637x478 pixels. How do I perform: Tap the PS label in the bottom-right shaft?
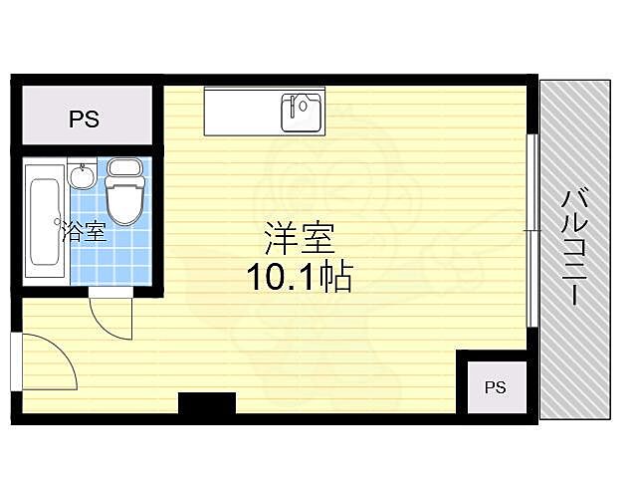[x=495, y=387]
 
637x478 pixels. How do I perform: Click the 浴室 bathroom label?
[x=84, y=233]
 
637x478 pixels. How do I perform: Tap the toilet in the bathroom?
[x=125, y=197]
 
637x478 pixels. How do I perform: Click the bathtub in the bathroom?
[x=44, y=221]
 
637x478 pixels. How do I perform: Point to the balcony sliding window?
[x=532, y=229]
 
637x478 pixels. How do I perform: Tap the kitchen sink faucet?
[x=300, y=101]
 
